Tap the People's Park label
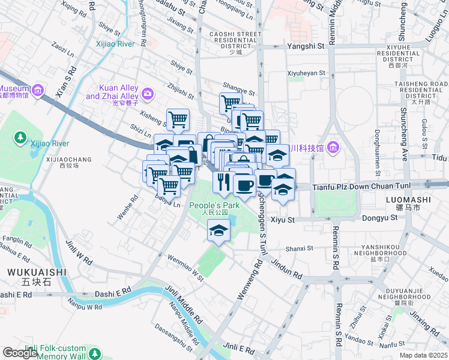[214, 206]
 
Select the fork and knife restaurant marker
[222, 182]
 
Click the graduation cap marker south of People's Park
[219, 230]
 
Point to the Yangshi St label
[306, 46]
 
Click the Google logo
[20, 353]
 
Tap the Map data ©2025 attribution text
[423, 355]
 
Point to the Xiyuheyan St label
[306, 73]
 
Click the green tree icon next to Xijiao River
[20, 138]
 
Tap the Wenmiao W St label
[185, 268]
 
